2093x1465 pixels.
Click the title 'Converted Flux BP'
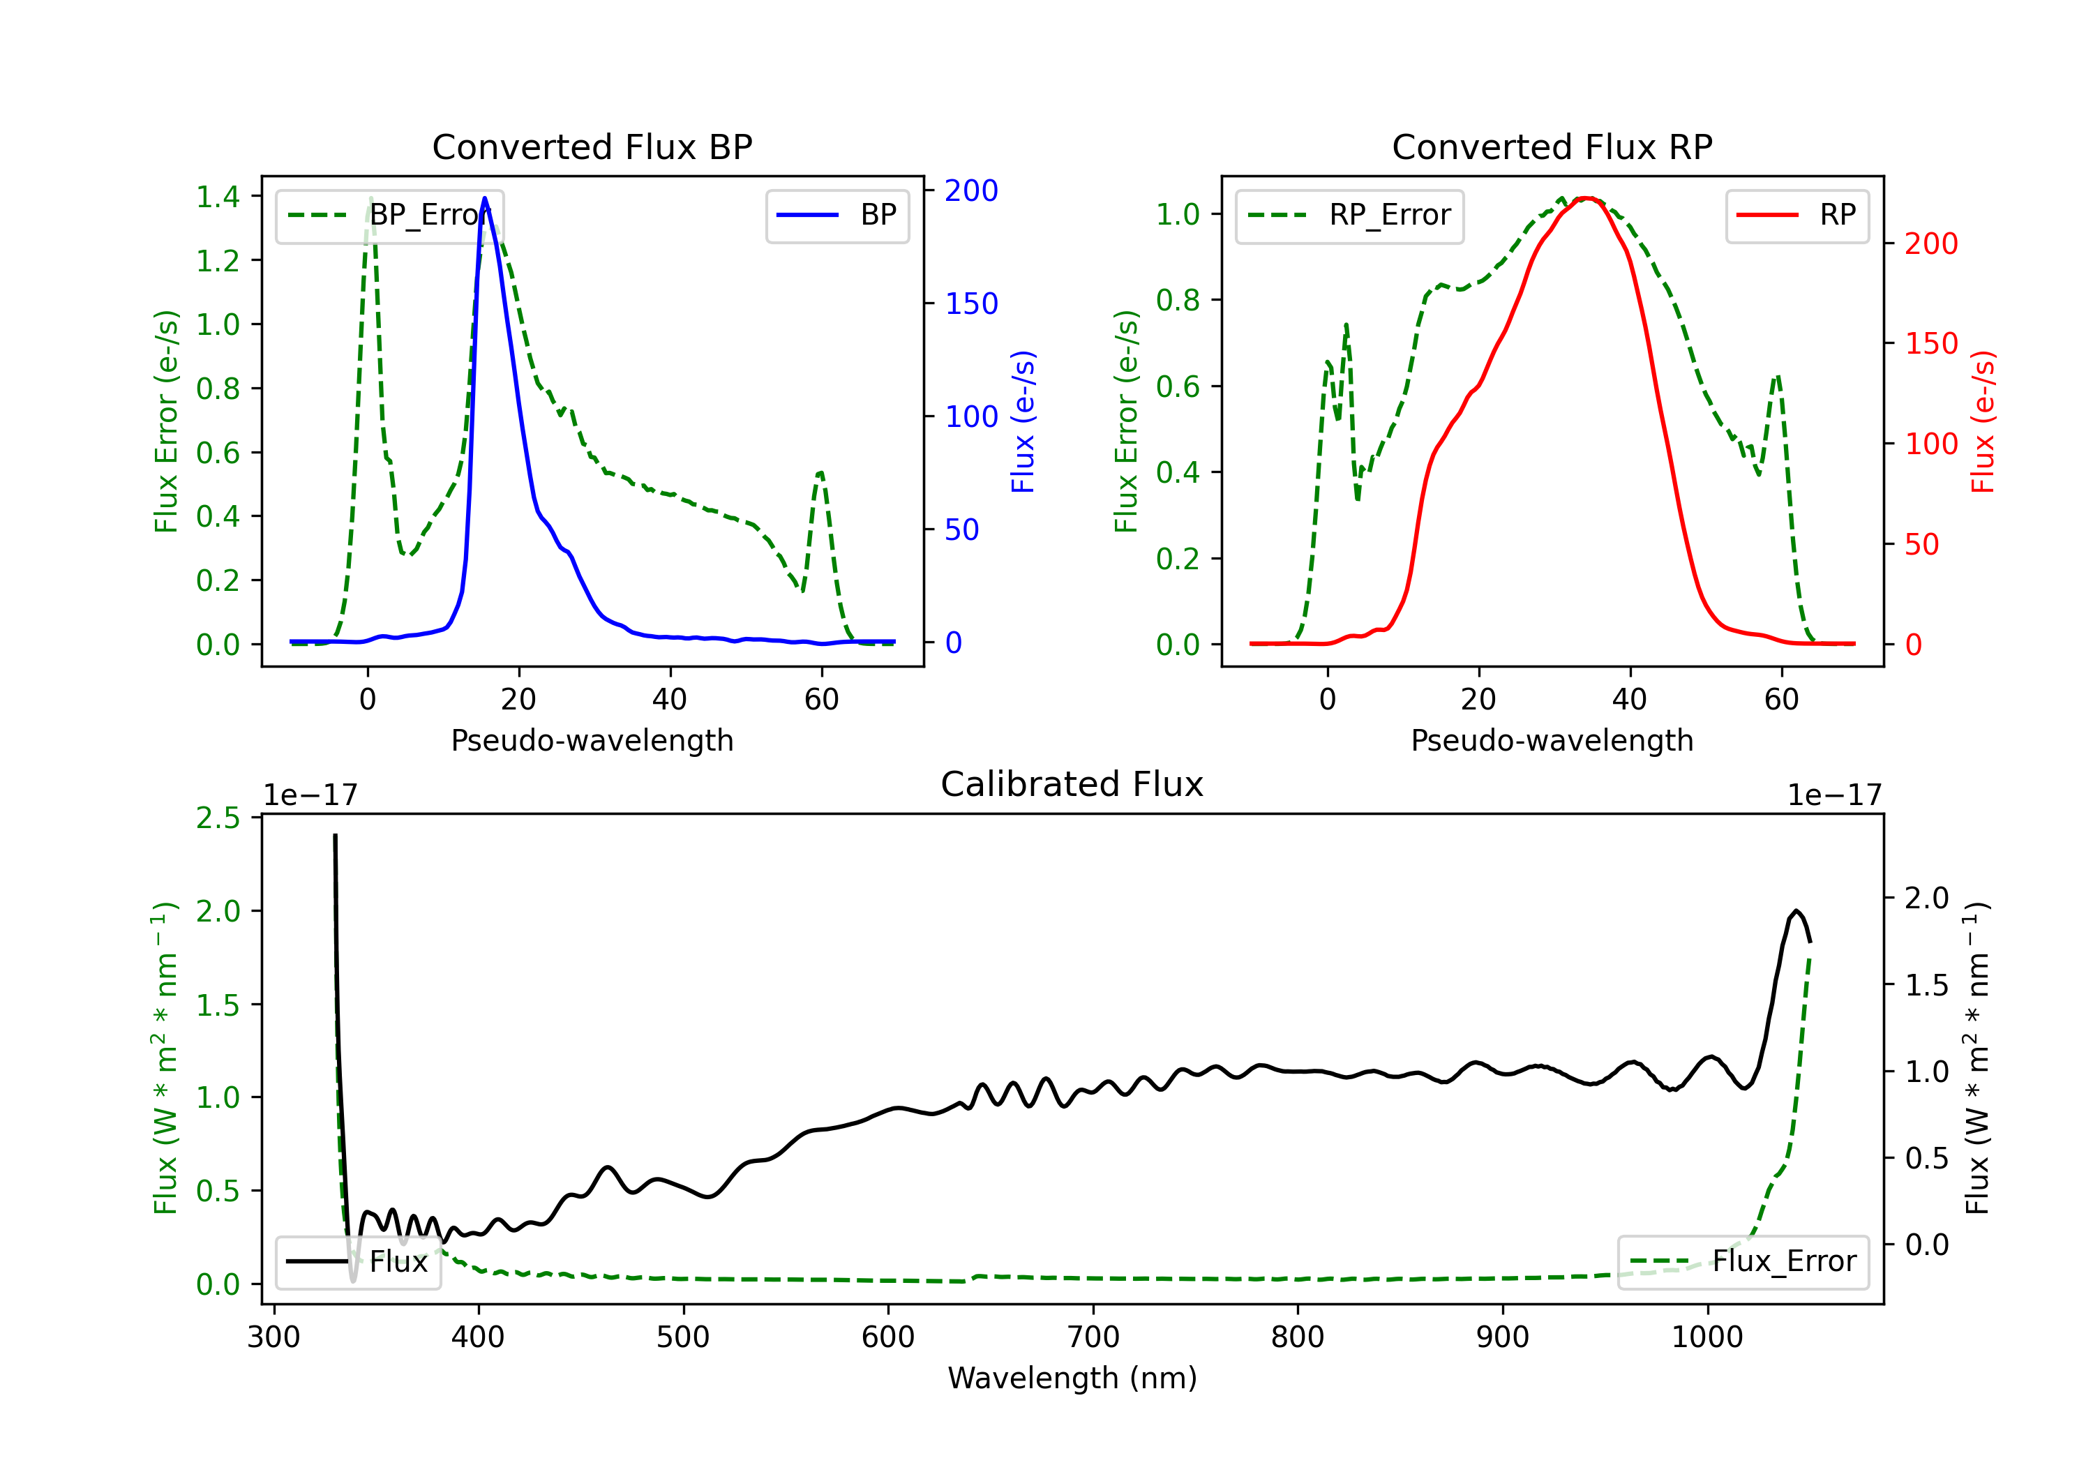(x=592, y=146)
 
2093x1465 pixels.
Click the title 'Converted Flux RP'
(x=1552, y=146)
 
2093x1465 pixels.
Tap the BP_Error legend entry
(x=389, y=215)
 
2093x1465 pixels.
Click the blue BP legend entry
(x=837, y=215)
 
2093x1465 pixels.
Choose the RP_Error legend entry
(x=1349, y=215)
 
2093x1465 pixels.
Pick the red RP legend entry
(x=1796, y=215)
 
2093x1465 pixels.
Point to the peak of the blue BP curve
(x=484, y=198)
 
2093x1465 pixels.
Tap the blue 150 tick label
(x=971, y=303)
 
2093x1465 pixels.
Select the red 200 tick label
(x=1930, y=244)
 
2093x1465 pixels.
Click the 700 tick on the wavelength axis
(x=1092, y=1337)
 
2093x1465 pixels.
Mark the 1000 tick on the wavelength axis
(x=1706, y=1337)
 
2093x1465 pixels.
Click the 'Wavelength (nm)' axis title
(x=1072, y=1378)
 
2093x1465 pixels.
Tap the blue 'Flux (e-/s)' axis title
(x=1023, y=421)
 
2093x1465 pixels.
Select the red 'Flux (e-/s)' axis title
(x=1983, y=421)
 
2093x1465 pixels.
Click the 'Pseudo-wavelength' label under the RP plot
(x=1552, y=740)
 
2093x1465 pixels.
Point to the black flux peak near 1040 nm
(x=1795, y=910)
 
